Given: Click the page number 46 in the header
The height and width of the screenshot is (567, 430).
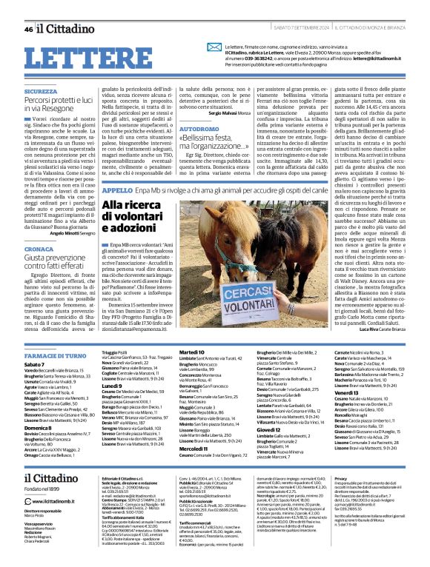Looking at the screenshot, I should point(28,30).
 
